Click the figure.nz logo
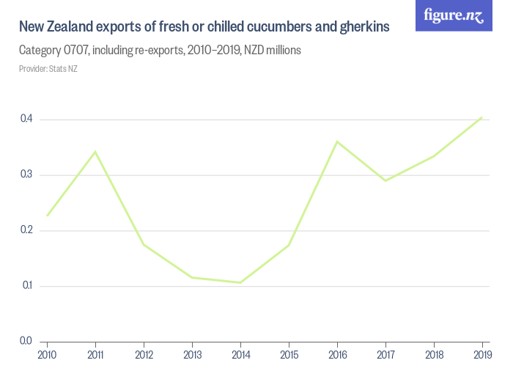tap(454, 15)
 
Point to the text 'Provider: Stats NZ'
tap(48, 69)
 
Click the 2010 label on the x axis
tap(47, 355)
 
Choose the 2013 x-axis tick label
tap(192, 355)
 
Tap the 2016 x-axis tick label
tap(337, 355)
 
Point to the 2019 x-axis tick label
tap(481, 355)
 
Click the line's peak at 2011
tap(95, 152)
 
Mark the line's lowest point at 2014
tap(240, 282)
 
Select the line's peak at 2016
tap(337, 142)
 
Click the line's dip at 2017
tap(385, 180)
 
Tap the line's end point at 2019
tap(481, 117)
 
